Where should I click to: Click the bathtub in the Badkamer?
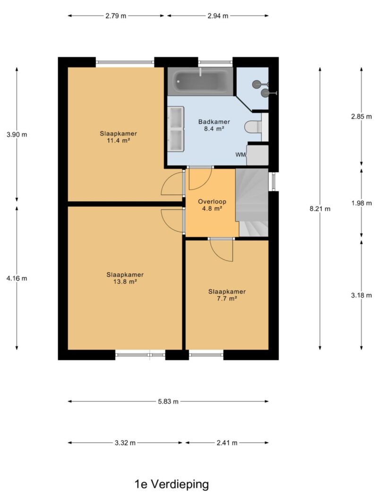click(200, 82)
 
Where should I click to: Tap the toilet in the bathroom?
click(253, 127)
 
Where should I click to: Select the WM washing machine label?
click(241, 154)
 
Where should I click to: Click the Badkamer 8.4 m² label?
click(214, 125)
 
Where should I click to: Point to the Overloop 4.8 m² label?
click(212, 205)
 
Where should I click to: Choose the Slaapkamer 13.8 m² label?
click(125, 278)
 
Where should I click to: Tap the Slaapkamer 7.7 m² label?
click(227, 295)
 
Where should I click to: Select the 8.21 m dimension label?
click(320, 209)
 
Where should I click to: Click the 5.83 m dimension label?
click(168, 401)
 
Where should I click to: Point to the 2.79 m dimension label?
click(116, 16)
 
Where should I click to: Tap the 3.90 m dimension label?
click(17, 135)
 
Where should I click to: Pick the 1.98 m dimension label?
click(361, 203)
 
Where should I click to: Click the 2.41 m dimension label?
click(227, 443)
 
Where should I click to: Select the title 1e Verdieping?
click(172, 484)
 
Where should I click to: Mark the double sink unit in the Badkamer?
click(176, 128)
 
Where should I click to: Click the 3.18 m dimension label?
click(361, 295)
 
